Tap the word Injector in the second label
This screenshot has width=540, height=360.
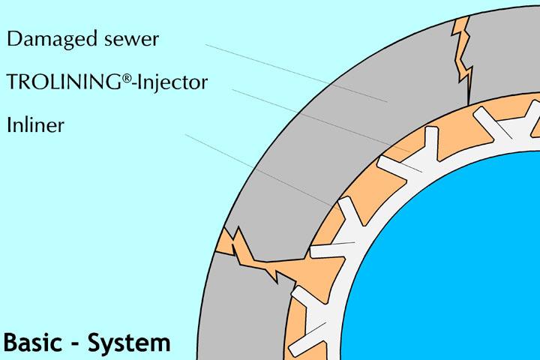click(x=176, y=82)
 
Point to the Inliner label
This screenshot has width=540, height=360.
click(x=35, y=124)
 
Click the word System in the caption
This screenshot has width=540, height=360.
click(x=129, y=342)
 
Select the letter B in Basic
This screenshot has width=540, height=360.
click(x=11, y=342)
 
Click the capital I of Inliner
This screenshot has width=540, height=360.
click(x=9, y=124)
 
